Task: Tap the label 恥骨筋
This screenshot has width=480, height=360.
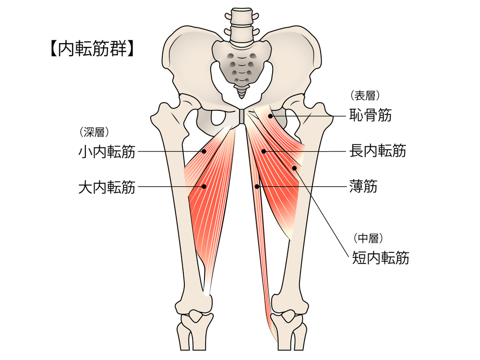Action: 371,115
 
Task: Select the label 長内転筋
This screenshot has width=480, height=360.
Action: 378,151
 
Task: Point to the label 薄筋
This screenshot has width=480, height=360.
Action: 363,186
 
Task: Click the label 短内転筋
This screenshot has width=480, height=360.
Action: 381,257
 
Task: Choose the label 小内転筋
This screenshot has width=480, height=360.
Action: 107,152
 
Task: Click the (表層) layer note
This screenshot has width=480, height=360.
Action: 365,96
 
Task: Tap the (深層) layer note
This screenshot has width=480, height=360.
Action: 94,132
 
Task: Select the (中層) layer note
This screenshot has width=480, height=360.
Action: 368,238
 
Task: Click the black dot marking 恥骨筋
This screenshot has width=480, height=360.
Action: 270,116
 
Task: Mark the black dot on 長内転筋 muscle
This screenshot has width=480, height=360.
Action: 264,151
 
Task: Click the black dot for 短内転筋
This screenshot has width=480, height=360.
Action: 294,168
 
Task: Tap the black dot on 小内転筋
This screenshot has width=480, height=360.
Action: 204,151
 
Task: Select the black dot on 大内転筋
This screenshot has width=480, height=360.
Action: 204,186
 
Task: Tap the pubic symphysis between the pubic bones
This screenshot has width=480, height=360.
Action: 242,116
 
